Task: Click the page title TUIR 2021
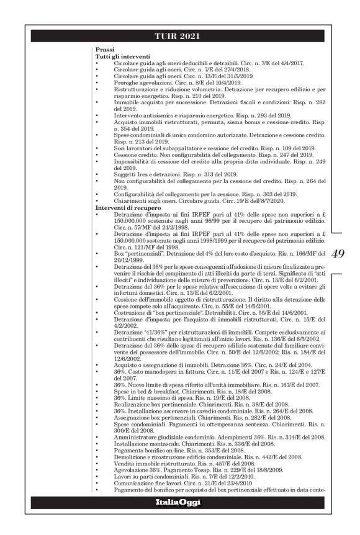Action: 180,35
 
